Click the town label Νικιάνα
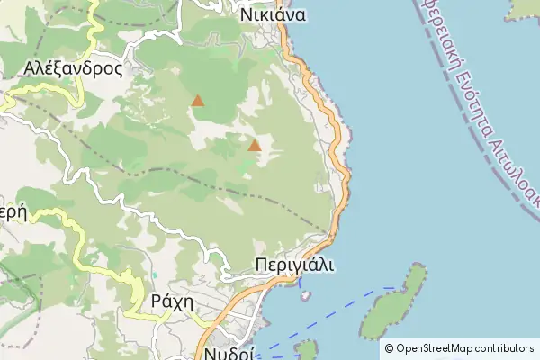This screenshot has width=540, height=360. pyautogui.click(x=274, y=14)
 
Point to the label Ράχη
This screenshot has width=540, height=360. pyautogui.click(x=173, y=301)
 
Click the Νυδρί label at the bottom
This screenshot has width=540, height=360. pyautogui.click(x=229, y=352)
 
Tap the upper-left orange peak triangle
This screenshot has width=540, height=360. pyautogui.click(x=198, y=101)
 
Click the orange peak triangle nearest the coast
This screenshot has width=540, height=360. pyautogui.click(x=255, y=145)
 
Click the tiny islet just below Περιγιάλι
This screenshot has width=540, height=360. pyautogui.click(x=306, y=294)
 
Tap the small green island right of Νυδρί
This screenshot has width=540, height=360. pyautogui.click(x=307, y=350)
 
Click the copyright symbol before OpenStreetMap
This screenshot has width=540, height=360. pyautogui.click(x=389, y=348)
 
